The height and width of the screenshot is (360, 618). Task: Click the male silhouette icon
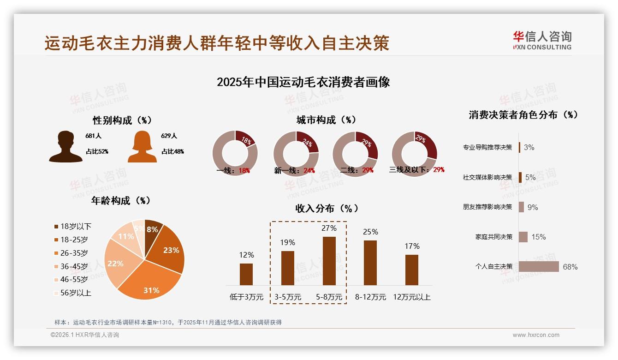click(x=65, y=146)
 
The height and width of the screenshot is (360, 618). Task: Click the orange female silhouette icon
click(x=142, y=146)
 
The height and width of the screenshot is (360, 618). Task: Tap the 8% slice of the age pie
click(x=153, y=228)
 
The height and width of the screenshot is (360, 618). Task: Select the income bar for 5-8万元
click(x=329, y=261)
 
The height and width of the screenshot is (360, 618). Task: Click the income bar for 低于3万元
click(x=246, y=274)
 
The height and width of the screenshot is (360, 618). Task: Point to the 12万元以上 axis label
click(x=411, y=297)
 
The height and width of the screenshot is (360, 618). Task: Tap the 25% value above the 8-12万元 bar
click(x=370, y=232)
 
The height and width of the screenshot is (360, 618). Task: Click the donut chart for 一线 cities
click(x=235, y=153)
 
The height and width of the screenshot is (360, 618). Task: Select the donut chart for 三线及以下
click(x=414, y=154)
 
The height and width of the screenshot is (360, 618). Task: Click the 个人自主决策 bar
click(x=539, y=267)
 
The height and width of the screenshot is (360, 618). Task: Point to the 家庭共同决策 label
click(x=493, y=237)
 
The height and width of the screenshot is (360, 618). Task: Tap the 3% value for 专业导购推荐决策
click(x=529, y=147)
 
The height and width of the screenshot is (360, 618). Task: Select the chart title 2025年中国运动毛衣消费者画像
click(x=303, y=82)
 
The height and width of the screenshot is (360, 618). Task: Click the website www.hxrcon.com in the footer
click(x=536, y=335)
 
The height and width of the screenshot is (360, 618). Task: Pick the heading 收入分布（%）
click(x=327, y=208)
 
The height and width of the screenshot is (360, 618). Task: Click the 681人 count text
click(x=93, y=136)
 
